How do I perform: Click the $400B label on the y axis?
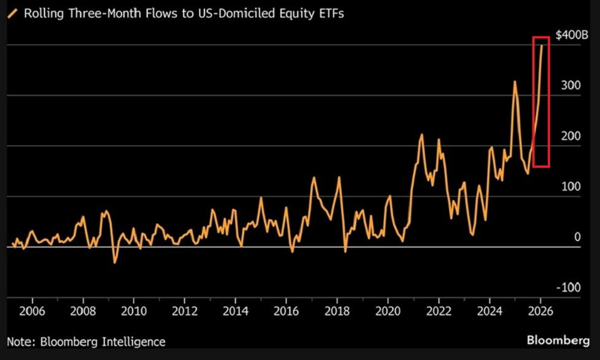click(x=571, y=35)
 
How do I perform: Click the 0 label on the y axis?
click(x=577, y=237)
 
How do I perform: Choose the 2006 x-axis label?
click(x=32, y=311)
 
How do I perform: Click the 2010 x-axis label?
click(x=134, y=311)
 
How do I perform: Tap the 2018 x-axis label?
click(x=337, y=311)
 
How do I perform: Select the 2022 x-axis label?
click(x=438, y=311)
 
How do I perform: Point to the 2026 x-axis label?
click(x=540, y=311)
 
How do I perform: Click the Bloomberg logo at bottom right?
click(x=558, y=340)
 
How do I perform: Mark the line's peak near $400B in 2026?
click(x=542, y=46)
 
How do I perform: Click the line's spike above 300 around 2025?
click(x=515, y=81)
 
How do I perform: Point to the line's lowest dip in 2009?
click(x=114, y=262)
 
